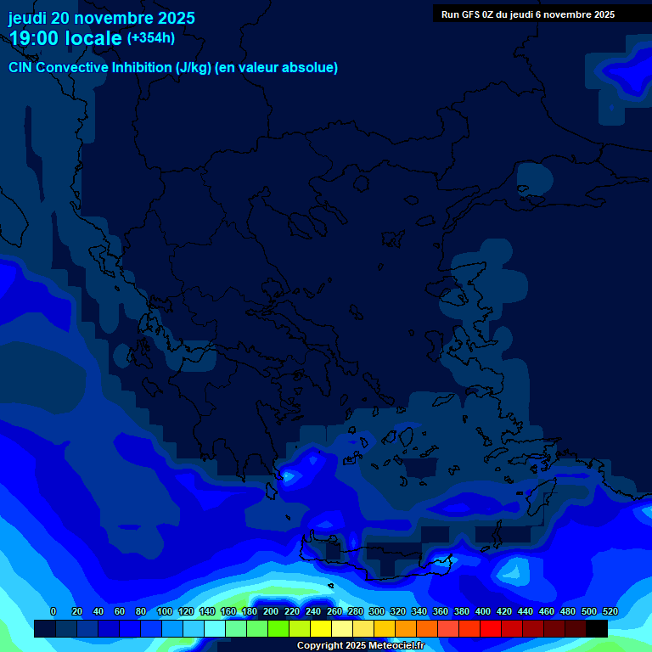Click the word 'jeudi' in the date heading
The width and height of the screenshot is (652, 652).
pos(27,18)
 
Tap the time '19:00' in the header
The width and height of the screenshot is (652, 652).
pos(34,38)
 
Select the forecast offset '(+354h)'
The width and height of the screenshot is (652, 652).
pos(151,37)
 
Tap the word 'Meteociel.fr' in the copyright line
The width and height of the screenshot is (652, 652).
pos(396,646)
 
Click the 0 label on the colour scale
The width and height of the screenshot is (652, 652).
pos(53,611)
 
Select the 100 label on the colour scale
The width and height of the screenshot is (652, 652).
pos(165,611)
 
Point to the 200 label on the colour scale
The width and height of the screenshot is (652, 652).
pos(271,611)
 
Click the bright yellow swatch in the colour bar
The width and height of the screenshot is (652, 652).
pos(321,629)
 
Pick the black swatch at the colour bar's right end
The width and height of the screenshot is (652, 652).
pos(597,629)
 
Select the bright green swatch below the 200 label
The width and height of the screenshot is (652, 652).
pos(278,629)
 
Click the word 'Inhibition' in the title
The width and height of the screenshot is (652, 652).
pos(141,68)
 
